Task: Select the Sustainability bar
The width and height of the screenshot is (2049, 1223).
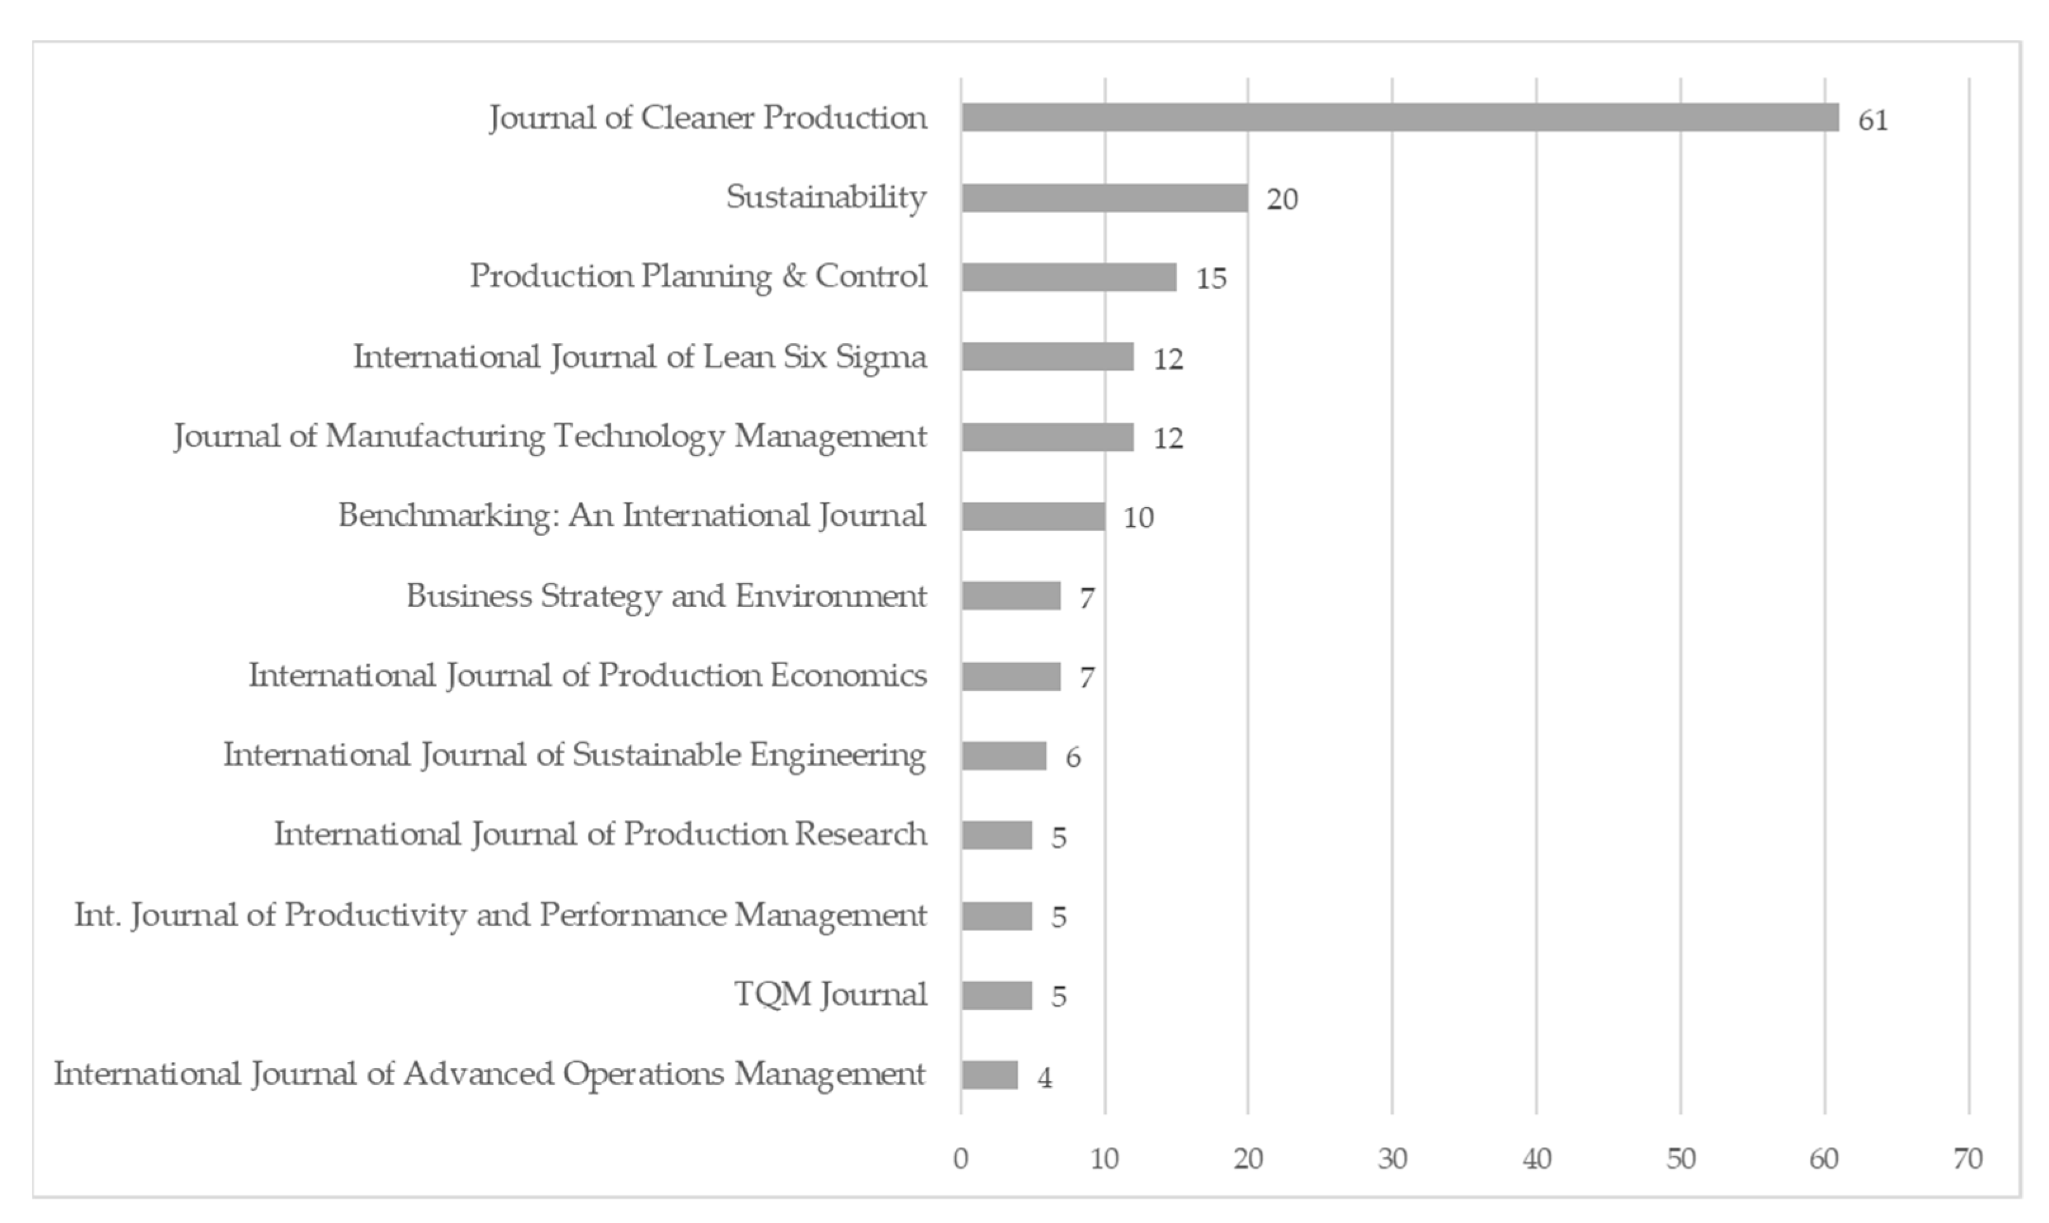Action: click(1104, 198)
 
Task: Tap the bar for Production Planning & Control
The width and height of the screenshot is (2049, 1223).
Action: click(1068, 277)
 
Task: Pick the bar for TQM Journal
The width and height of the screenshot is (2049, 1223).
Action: click(996, 995)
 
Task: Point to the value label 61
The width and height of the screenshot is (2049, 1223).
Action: click(1873, 121)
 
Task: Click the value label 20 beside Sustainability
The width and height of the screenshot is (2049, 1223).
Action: click(1281, 199)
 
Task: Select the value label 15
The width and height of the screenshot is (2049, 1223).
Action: click(1211, 278)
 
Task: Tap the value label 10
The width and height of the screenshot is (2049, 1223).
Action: click(1138, 518)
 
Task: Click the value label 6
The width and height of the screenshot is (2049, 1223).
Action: click(1072, 757)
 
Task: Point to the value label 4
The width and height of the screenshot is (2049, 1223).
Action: click(1044, 1077)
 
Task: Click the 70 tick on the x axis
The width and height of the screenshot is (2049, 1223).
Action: click(1967, 1159)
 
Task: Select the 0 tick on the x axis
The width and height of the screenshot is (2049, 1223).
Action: click(960, 1159)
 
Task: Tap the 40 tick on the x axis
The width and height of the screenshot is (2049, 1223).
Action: click(1536, 1159)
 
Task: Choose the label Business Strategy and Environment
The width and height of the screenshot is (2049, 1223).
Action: click(666, 596)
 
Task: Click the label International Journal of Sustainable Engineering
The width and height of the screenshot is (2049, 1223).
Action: click(575, 755)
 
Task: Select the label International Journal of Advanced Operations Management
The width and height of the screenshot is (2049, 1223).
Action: click(490, 1074)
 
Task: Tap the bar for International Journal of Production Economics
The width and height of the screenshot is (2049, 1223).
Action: click(1011, 676)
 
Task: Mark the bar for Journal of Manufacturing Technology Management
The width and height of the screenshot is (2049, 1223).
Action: click(1047, 437)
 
